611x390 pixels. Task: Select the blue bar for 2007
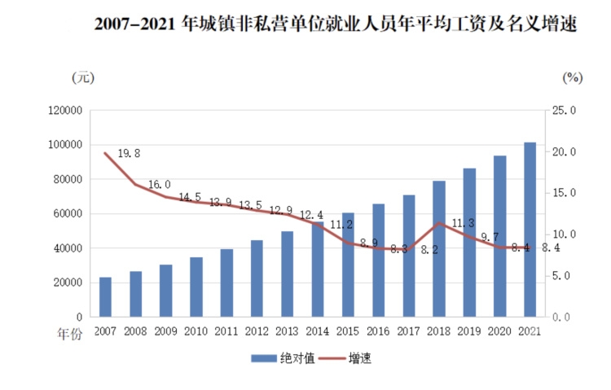[105, 297]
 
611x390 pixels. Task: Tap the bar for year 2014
[318, 269]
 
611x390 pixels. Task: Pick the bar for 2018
[439, 249]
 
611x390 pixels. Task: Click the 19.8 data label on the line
[130, 153]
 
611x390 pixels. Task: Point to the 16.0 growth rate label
[159, 186]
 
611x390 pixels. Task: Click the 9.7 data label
[490, 237]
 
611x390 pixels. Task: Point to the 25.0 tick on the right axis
[563, 110]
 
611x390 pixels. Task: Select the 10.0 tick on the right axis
[563, 234]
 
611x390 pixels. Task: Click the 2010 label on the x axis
[196, 331]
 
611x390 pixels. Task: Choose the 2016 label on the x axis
[378, 331]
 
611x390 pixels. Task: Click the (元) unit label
[83, 77]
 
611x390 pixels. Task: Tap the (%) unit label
[573, 77]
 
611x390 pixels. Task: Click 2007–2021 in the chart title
[134, 25]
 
